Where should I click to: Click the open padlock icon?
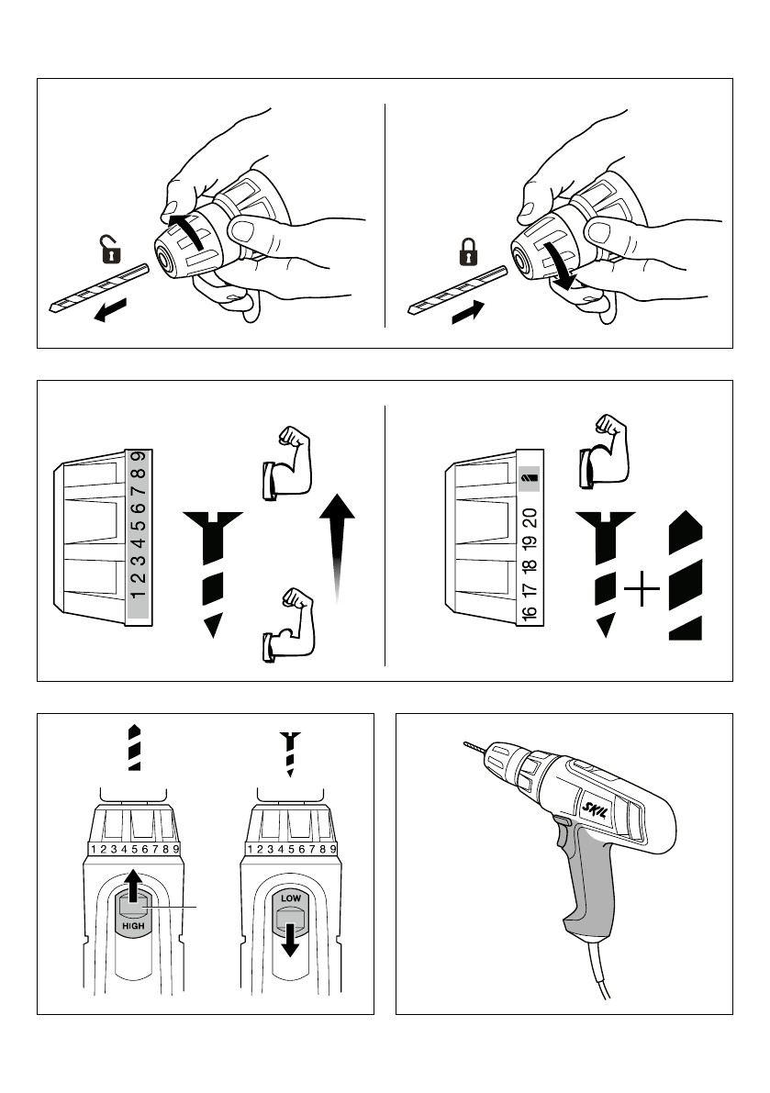tap(111, 249)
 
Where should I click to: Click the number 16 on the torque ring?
tap(530, 612)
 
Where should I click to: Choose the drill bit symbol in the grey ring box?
tap(530, 477)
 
